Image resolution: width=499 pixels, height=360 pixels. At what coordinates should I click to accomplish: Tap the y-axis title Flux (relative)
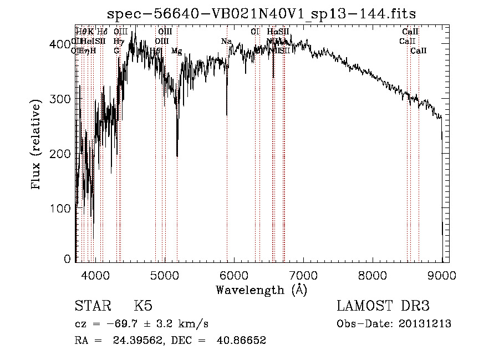coord(37,145)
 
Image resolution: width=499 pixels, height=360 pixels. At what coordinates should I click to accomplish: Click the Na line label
coord(226,42)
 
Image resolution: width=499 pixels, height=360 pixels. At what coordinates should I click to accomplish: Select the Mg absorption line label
coord(176,51)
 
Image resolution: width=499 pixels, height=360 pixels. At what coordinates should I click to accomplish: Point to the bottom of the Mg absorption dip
coord(177,156)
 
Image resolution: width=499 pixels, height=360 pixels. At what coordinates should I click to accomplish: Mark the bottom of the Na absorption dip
coord(227,115)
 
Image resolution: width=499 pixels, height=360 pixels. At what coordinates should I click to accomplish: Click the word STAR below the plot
coord(91,306)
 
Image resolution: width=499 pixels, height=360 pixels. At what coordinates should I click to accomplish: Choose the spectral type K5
coord(143,306)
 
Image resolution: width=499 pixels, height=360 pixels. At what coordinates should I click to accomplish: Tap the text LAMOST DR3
coord(383,306)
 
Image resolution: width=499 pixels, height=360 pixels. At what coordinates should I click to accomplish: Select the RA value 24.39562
coord(134,341)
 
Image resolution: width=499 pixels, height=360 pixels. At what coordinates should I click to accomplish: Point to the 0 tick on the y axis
coord(68,259)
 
